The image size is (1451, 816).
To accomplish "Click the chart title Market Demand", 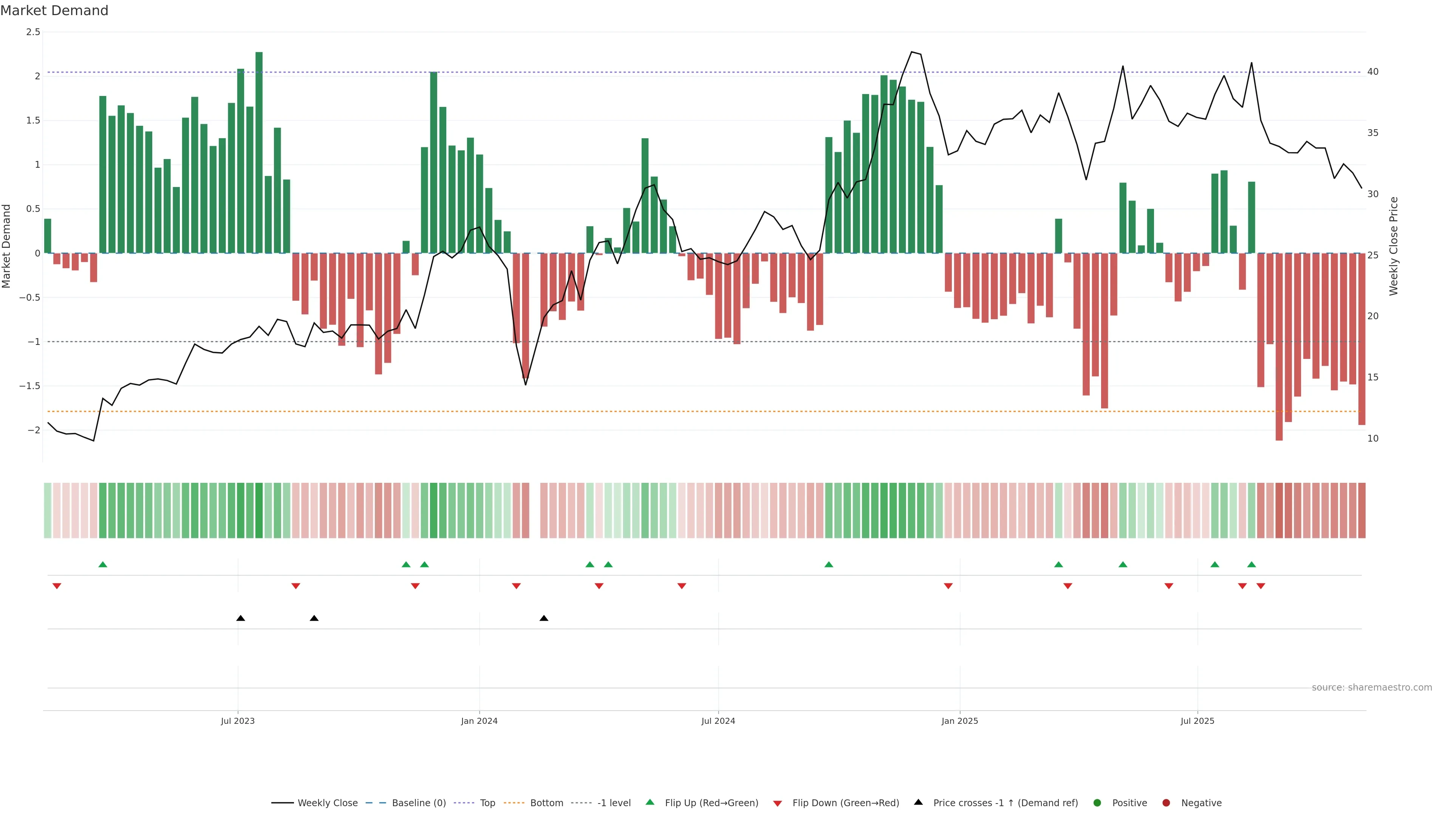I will tap(54, 11).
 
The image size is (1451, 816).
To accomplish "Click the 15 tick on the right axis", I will tap(1373, 377).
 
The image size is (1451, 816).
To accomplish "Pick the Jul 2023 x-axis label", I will tap(238, 721).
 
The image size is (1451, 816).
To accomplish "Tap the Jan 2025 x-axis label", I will tap(960, 721).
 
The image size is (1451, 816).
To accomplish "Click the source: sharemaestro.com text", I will tap(1372, 688).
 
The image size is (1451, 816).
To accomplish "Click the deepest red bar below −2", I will tap(1279, 346).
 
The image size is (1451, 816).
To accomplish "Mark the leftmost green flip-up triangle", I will tap(102, 564).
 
